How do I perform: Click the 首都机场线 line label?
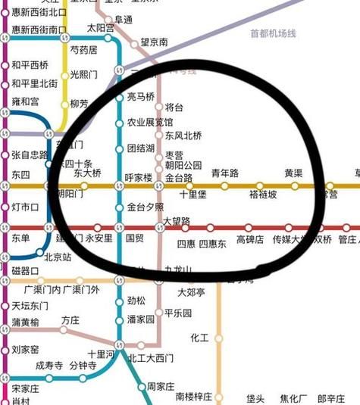[x=272, y=34]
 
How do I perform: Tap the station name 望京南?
[x=154, y=43]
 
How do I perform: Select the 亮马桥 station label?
[x=140, y=97]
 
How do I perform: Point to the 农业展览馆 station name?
[x=149, y=122]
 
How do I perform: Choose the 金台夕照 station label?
[x=146, y=206]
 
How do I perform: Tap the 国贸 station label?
[x=134, y=238]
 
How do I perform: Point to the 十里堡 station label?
[x=193, y=194]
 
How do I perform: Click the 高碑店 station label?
[x=250, y=239]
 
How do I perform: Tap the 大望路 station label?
[x=177, y=221]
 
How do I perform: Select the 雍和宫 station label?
[x=25, y=101]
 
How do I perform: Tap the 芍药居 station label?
[x=83, y=50]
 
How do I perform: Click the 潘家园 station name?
[x=140, y=319]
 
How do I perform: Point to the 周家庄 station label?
[x=161, y=387]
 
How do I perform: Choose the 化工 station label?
[x=199, y=338]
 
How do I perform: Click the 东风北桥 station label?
[x=183, y=136]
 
